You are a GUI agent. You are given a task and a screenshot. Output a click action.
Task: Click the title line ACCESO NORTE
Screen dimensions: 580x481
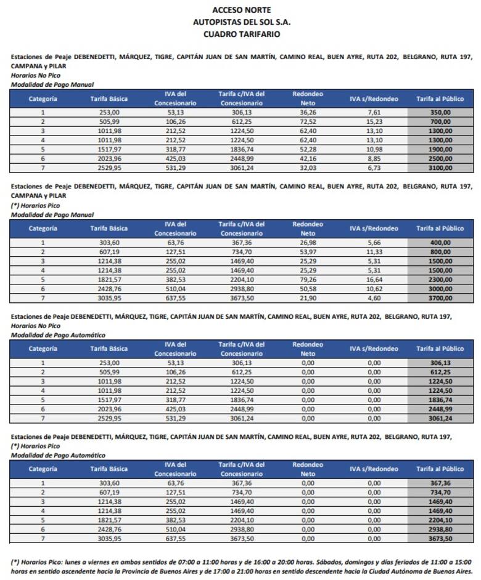coord(241,10)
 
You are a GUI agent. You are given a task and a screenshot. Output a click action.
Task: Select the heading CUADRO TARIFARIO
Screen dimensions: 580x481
coord(241,34)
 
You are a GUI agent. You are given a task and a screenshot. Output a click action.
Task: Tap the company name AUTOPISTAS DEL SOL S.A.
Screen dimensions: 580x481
coord(241,22)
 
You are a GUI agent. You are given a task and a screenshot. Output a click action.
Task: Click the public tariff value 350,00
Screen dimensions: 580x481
coord(441,113)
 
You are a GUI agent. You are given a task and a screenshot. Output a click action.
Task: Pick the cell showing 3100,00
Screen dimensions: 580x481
coord(441,168)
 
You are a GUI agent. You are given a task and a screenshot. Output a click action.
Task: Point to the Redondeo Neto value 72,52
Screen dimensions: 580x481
coord(303,122)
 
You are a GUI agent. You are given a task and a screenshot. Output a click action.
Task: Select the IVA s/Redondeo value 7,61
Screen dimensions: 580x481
coord(374,113)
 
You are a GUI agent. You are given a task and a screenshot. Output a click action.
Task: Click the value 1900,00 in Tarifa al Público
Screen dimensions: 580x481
coord(441,150)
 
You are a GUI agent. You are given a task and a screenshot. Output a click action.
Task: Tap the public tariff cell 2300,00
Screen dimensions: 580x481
coord(441,279)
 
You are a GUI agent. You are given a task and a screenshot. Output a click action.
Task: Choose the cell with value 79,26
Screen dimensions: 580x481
coord(303,279)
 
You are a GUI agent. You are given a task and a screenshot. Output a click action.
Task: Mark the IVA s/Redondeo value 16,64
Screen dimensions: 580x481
coord(374,279)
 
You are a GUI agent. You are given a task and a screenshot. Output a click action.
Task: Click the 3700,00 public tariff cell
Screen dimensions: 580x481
coord(441,297)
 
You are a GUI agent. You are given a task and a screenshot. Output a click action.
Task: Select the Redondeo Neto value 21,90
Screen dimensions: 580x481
coord(303,297)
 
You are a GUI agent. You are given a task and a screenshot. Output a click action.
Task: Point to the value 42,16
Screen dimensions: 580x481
coord(303,159)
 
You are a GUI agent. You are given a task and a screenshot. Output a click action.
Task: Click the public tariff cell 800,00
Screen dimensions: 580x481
coord(441,251)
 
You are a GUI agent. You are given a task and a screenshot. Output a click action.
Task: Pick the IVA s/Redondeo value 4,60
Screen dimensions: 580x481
coord(374,297)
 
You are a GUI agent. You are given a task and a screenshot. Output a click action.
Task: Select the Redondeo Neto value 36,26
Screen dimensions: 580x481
coord(303,113)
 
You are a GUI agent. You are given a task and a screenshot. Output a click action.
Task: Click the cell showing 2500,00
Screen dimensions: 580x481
coord(441,159)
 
